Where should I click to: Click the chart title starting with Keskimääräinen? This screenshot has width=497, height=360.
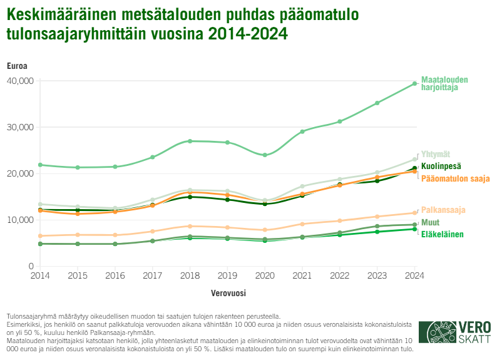(x=147, y=24)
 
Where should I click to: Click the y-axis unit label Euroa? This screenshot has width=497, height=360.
(x=17, y=66)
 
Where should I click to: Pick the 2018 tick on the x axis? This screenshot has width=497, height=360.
(x=190, y=275)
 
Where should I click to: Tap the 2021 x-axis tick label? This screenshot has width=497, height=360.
(x=302, y=275)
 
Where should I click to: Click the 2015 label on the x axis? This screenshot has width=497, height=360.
(x=78, y=275)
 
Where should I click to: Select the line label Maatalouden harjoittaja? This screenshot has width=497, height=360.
(x=444, y=83)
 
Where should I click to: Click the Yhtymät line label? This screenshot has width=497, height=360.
(x=436, y=154)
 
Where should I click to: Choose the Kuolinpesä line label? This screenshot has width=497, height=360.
(x=441, y=167)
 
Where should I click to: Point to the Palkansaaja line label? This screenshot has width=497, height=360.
(x=443, y=210)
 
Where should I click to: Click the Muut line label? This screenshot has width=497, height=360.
(x=430, y=222)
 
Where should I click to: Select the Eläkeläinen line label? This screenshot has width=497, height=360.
(x=442, y=235)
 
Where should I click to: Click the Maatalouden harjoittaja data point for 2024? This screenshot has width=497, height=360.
(x=414, y=83)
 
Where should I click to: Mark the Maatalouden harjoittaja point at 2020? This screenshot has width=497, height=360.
(x=265, y=155)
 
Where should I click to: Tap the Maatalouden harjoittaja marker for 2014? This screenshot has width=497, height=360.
(x=40, y=165)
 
